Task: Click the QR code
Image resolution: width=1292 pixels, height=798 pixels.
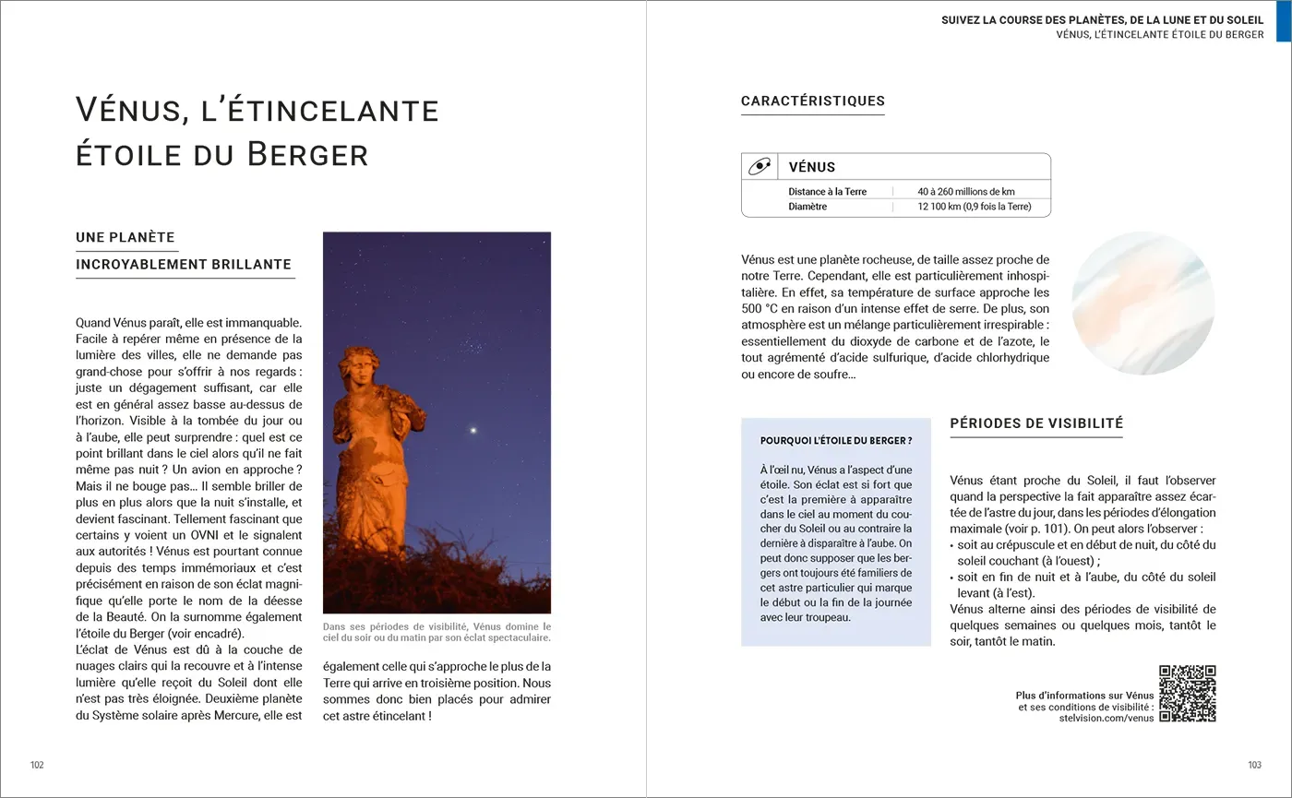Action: click(1188, 693)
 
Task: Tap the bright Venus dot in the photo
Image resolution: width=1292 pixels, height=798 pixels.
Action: click(474, 430)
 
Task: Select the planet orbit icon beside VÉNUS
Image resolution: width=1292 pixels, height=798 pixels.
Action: click(759, 167)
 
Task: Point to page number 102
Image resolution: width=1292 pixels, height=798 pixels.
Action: click(37, 765)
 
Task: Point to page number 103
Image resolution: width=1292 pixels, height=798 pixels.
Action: click(1254, 765)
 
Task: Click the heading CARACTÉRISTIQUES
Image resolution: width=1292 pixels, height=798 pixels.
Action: click(812, 101)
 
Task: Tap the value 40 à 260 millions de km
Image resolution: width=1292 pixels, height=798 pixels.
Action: click(965, 192)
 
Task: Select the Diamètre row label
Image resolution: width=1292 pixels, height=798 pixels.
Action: click(807, 207)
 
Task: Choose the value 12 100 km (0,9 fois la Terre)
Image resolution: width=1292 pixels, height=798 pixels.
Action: click(974, 207)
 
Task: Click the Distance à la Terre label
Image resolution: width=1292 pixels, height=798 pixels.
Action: click(827, 192)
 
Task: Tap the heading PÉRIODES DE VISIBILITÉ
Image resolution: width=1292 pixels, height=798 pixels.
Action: click(1036, 423)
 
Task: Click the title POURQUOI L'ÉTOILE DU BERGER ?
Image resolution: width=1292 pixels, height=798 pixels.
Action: click(835, 441)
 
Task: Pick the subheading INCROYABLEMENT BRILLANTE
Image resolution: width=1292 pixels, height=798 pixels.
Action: click(184, 265)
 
